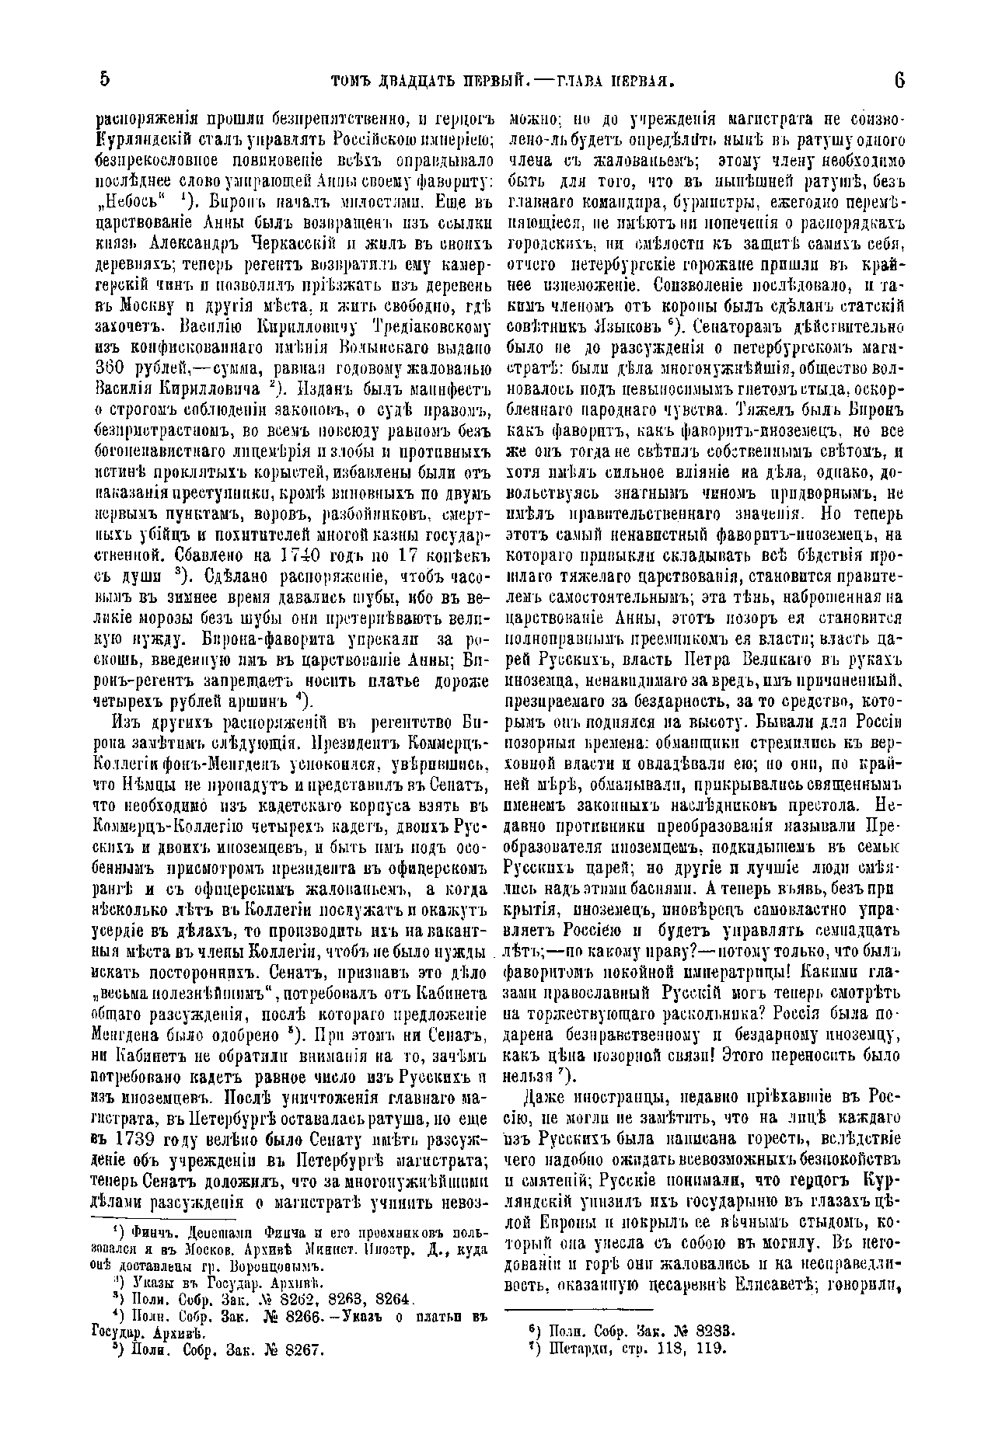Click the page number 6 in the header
pyautogui.click(x=899, y=80)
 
